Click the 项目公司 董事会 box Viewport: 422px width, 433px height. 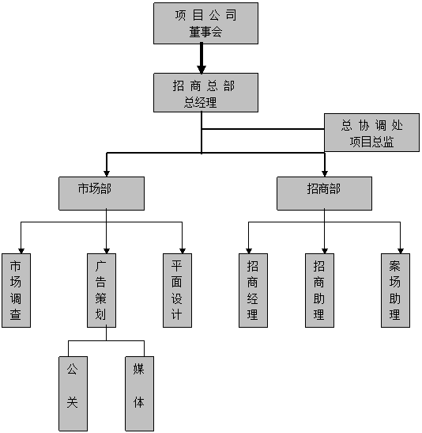(205, 23)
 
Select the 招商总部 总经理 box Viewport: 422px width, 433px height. (205, 93)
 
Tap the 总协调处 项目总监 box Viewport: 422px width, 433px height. (371, 132)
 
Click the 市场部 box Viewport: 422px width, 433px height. (101, 193)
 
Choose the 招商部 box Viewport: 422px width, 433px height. (324, 193)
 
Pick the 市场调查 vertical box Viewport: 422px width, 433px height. (16, 291)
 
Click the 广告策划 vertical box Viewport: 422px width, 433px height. (101, 291)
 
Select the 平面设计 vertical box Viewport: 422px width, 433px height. (177, 291)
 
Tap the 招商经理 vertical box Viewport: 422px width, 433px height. (253, 291)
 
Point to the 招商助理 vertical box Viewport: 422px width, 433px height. (319, 291)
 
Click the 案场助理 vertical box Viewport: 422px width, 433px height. (395, 291)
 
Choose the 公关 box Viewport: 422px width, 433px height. (73, 393)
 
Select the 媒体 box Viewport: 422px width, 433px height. (139, 393)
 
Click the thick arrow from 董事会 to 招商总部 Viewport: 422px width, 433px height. (202, 59)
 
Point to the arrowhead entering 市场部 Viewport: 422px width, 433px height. (107, 173)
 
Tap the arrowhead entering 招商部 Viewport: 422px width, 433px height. (325, 173)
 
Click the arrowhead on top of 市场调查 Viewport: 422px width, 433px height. (21, 251)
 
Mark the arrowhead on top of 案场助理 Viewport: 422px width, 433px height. (401, 251)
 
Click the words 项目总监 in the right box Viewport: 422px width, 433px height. (371, 142)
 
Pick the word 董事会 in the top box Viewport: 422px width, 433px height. (205, 32)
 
